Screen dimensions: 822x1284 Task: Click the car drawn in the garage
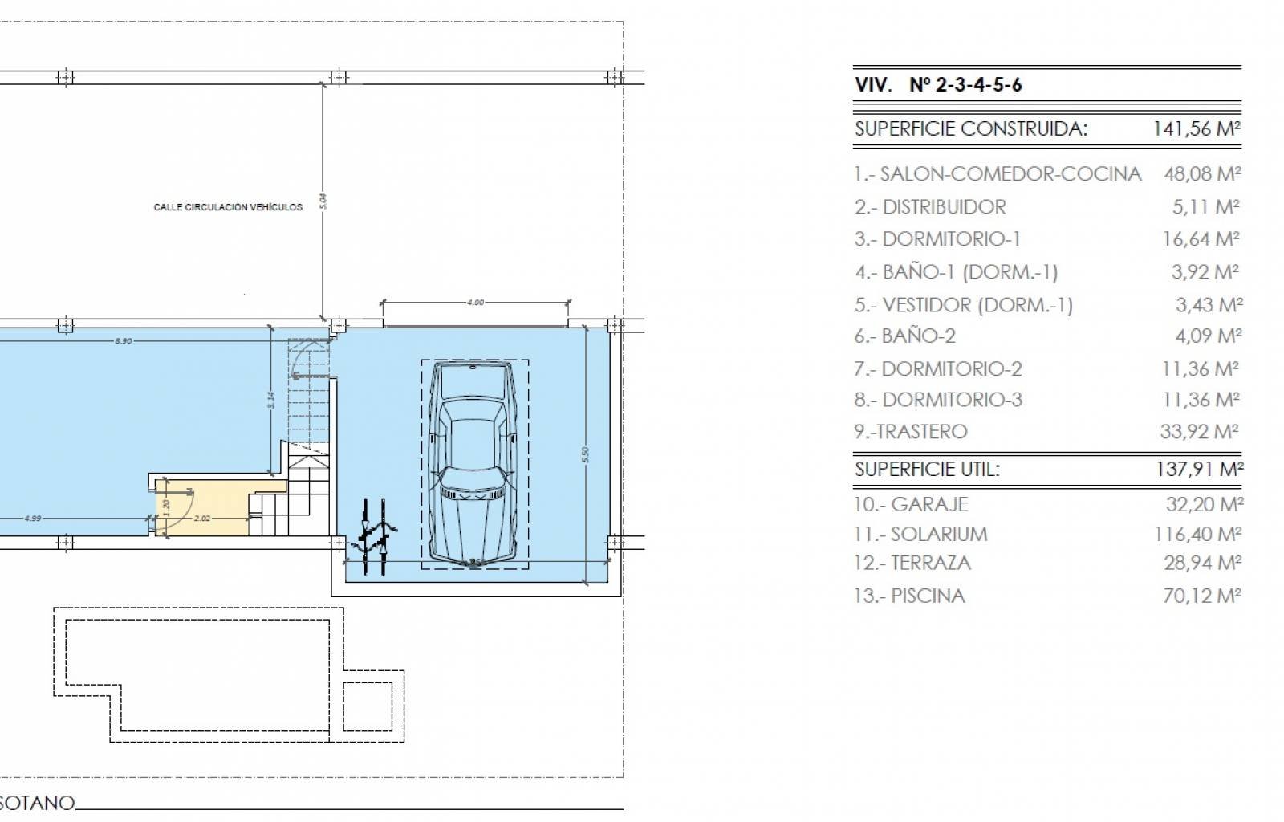(x=474, y=464)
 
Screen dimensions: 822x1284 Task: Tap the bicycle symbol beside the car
(x=376, y=535)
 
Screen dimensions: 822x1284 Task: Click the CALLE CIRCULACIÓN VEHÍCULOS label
(x=228, y=207)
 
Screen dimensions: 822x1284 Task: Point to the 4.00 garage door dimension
(x=475, y=303)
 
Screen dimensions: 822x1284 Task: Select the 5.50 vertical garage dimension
(x=586, y=454)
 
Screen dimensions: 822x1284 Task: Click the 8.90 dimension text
(x=123, y=341)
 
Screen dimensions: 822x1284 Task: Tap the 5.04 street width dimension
(x=323, y=201)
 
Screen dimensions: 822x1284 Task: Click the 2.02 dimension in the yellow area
(x=202, y=519)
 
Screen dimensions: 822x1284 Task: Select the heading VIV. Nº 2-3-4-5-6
(x=938, y=85)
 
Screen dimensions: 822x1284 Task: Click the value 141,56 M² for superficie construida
(x=1197, y=128)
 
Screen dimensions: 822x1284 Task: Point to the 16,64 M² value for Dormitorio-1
(x=1200, y=238)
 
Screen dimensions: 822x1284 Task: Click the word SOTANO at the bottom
(x=37, y=803)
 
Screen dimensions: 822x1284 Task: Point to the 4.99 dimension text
(x=32, y=519)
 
